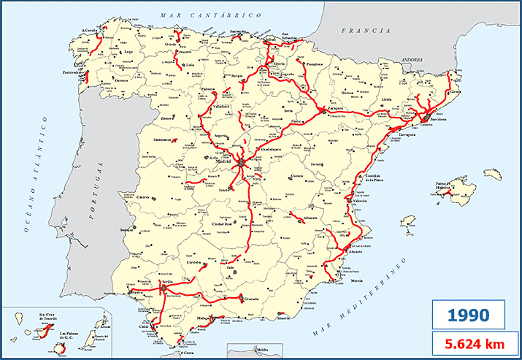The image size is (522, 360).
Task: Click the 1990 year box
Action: (467, 315)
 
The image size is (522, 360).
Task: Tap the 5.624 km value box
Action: (467, 342)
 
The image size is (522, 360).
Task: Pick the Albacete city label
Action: (312, 218)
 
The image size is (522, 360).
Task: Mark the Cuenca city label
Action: (296, 176)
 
